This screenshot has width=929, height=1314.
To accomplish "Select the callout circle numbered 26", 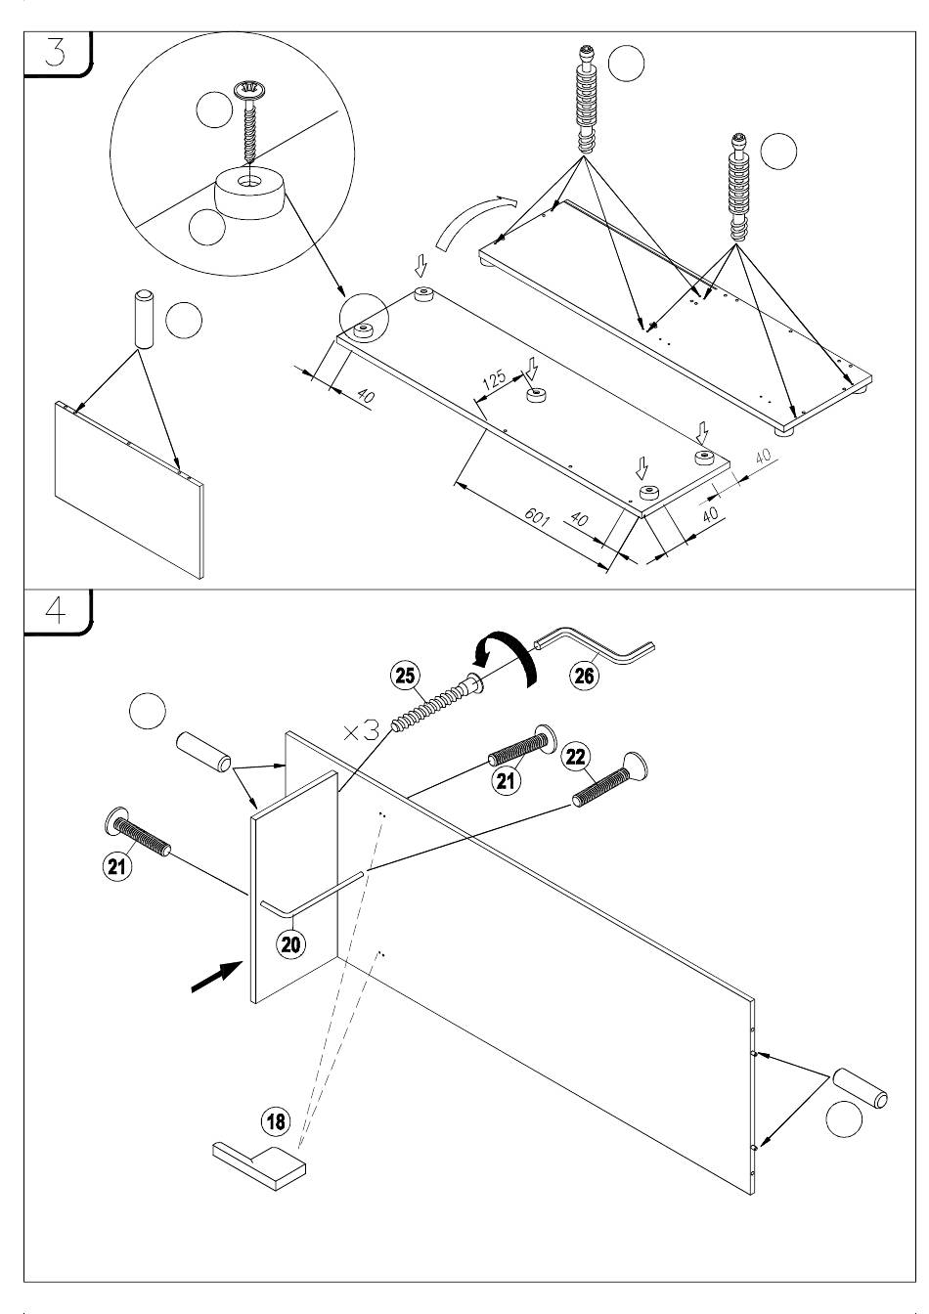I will point(584,676).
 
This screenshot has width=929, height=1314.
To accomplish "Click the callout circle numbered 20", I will point(291,943).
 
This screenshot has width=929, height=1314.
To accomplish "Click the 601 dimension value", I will point(536,515).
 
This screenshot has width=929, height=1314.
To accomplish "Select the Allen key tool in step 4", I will point(597,649).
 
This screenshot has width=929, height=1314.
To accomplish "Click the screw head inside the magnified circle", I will point(249,92).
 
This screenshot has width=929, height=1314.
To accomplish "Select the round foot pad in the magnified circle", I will point(250,193).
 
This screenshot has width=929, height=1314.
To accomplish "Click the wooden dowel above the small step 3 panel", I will point(144,318).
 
